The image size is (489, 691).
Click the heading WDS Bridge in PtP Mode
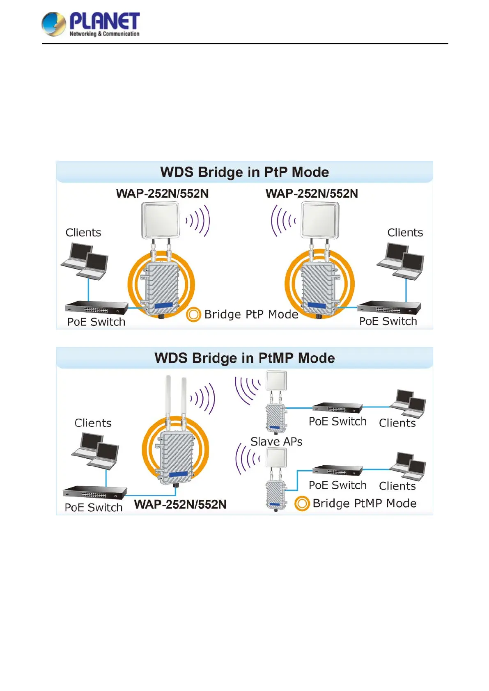244,172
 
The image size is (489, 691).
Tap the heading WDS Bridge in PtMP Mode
244,358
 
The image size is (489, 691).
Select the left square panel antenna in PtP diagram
161,220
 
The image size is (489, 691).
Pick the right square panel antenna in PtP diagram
320,220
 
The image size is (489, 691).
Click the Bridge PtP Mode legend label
251,314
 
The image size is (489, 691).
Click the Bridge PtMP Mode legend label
364,503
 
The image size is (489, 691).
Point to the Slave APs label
276,442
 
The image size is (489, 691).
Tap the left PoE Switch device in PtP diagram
96,307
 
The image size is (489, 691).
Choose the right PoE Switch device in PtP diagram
389,307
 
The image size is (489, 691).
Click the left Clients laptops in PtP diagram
85,261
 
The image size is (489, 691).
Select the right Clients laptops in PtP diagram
401,261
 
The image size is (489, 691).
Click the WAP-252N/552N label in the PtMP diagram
180,504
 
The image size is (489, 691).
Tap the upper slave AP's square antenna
276,381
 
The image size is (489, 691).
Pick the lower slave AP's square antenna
276,458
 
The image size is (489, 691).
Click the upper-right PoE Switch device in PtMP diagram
337,407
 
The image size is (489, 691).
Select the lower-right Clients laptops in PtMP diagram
408,467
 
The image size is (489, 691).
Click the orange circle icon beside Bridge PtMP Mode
302,503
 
